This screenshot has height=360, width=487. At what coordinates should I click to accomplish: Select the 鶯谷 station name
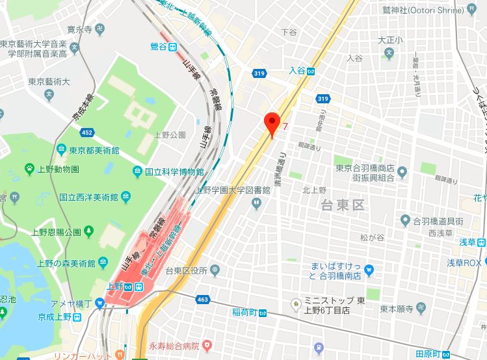coord(159,46)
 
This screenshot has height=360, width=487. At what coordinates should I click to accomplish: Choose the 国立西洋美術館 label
coord(88,196)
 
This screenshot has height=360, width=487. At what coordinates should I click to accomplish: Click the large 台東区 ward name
coord(342,206)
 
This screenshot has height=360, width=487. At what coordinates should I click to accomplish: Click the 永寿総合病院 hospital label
coord(176,342)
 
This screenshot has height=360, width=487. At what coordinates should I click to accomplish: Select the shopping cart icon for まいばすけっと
coord(369,269)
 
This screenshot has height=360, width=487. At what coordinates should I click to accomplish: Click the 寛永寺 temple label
coord(80,29)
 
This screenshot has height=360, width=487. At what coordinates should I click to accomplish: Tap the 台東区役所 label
coord(185,270)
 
